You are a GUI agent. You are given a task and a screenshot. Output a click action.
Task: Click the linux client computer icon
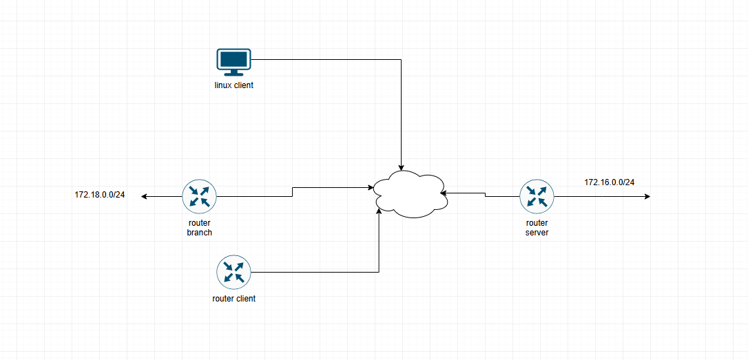point(233,62)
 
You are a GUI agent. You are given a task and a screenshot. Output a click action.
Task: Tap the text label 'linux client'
point(233,86)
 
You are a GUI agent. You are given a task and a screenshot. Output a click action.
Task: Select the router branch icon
point(200,196)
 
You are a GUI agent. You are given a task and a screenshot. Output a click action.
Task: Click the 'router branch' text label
point(200,228)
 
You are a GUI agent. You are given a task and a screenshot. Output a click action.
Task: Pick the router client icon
point(233,272)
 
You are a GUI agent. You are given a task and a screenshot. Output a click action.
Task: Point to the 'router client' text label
point(233,299)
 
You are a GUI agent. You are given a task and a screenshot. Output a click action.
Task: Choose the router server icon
point(537,196)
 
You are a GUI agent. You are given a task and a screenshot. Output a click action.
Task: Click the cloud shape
point(411,195)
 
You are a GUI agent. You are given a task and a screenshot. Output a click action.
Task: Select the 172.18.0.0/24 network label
point(100,195)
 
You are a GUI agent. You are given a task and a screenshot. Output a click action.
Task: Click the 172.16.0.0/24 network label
point(609,182)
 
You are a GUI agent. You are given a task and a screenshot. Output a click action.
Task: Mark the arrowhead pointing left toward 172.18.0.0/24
point(144,196)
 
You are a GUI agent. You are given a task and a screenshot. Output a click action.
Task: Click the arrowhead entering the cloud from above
point(401,168)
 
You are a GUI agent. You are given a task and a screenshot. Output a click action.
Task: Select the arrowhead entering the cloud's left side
point(371,188)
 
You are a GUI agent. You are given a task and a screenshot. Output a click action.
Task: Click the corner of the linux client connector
point(401,60)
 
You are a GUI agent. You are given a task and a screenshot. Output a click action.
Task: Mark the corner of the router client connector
point(379,273)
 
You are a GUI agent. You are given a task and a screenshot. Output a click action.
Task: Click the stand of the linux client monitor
point(233,73)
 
